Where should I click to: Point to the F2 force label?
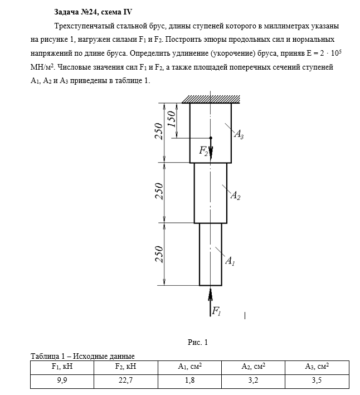pos(204,151)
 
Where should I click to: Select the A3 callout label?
pos(239,134)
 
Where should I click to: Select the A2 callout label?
pos(235,196)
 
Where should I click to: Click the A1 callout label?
pos(230,260)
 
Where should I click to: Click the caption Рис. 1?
pos(198,342)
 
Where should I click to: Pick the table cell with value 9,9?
pos(62,381)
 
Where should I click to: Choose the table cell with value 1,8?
pos(189,381)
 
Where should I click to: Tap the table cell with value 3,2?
pos(252,381)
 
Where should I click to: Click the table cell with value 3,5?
pos(316,381)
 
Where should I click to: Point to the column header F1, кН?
pos(62,367)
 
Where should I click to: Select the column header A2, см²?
pos(252,367)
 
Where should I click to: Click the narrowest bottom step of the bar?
pos(211,253)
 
